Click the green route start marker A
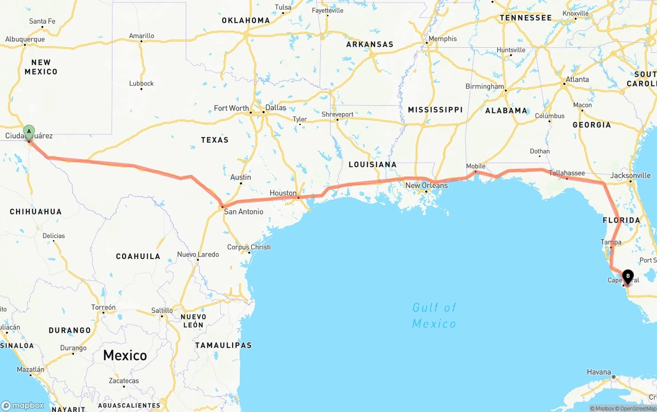click(x=29, y=131)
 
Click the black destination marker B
click(x=628, y=277)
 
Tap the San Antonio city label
click(x=244, y=211)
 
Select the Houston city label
click(x=283, y=193)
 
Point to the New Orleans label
click(x=426, y=185)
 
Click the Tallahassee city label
click(x=567, y=173)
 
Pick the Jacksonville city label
click(x=631, y=175)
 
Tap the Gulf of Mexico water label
click(x=434, y=315)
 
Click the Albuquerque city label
click(x=25, y=39)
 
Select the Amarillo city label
click(x=141, y=36)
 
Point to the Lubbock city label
click(x=141, y=83)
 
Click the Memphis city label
click(x=442, y=38)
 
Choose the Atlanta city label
click(x=577, y=80)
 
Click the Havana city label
click(x=599, y=372)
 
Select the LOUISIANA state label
click(x=372, y=164)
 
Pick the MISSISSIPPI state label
click(x=435, y=109)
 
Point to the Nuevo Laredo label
click(x=198, y=254)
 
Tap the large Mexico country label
click(x=125, y=355)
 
